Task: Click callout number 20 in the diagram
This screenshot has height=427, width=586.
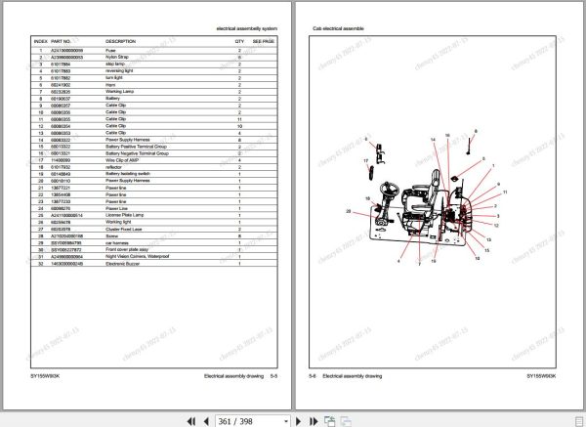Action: pos(348,211)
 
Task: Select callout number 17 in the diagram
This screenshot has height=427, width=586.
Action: pos(366,160)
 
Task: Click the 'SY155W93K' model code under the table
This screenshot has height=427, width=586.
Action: pos(48,375)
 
